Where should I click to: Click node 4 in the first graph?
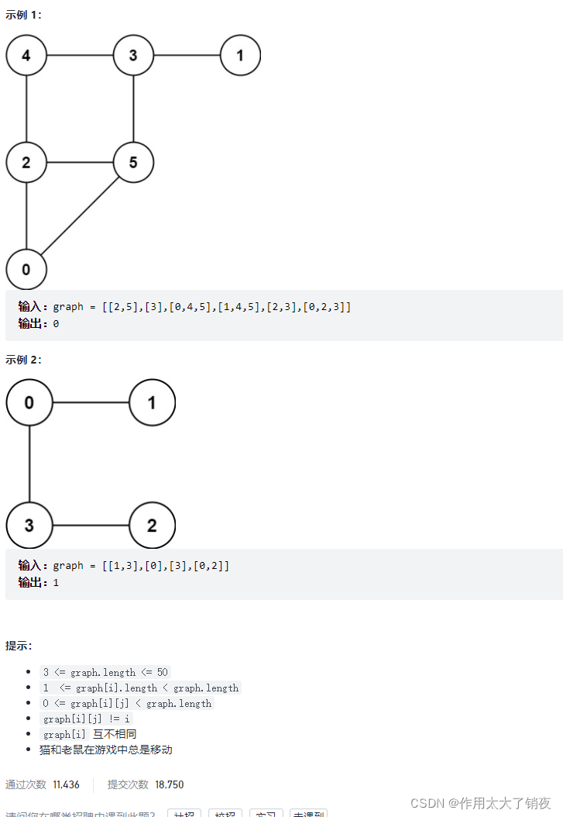pos(26,56)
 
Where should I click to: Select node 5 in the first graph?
pos(133,163)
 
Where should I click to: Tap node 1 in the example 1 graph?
pos(240,56)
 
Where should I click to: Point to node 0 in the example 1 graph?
pos(26,269)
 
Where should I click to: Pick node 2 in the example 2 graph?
pos(152,526)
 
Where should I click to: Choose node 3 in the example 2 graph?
pos(29,526)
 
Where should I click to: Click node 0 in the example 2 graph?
pos(29,403)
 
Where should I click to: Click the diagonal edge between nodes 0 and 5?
pos(80,216)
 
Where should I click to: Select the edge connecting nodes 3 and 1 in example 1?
pos(187,56)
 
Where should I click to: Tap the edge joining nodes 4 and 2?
pos(26,109)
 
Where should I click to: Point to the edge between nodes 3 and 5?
pos(133,109)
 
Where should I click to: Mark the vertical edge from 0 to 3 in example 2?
pos(29,464)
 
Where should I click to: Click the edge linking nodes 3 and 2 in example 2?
pos(91,526)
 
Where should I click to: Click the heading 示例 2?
pos(23,360)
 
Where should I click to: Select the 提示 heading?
pos(19,646)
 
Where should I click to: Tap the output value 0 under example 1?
pos(56,324)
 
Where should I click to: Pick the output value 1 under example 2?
pos(56,582)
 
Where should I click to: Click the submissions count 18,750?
pos(169,784)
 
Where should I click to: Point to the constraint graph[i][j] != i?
pos(86,719)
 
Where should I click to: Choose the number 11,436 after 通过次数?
pos(66,784)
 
